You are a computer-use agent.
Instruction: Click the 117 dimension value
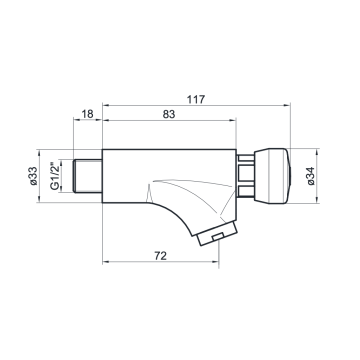(196, 99)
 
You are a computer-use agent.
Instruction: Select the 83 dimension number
(169, 114)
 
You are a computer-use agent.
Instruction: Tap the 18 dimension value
(87, 114)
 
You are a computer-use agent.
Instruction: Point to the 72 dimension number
(160, 256)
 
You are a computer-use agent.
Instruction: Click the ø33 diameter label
(33, 176)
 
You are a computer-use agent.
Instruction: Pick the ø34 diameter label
(311, 176)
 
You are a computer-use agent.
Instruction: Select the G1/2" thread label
(55, 176)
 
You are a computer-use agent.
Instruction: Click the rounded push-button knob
(272, 176)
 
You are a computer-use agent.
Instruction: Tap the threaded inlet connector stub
(87, 176)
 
